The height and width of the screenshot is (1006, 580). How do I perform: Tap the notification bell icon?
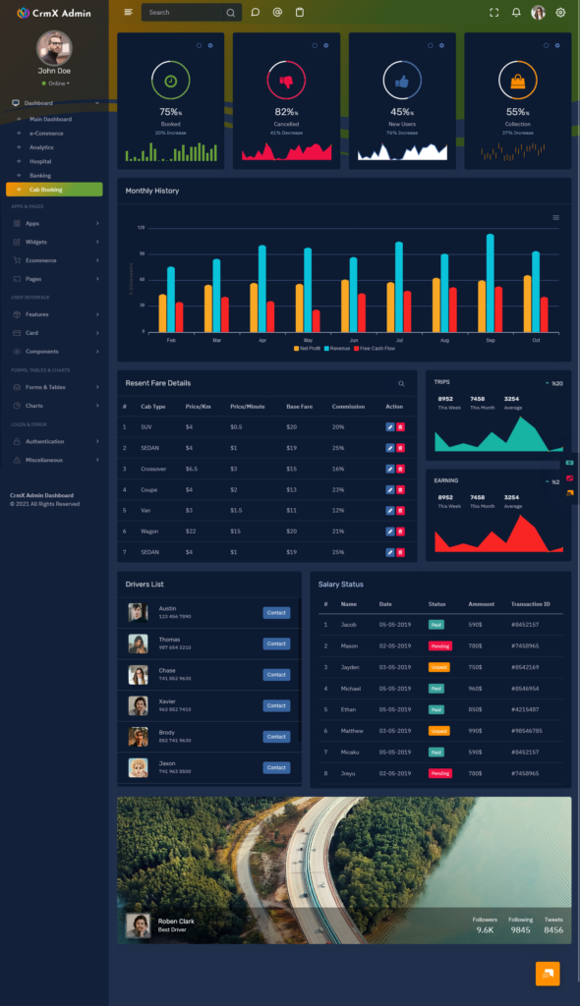click(516, 13)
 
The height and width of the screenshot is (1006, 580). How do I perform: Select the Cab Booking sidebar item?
click(54, 190)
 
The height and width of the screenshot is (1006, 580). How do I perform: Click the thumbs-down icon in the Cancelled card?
click(286, 81)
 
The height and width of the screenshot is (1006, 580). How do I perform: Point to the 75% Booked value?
click(169, 112)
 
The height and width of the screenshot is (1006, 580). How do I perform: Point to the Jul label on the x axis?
click(399, 340)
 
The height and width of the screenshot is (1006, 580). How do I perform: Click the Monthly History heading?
click(152, 191)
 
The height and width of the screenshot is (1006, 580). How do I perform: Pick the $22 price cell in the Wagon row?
click(190, 531)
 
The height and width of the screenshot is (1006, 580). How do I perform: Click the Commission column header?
click(348, 406)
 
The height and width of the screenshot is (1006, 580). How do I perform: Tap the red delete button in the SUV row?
click(400, 427)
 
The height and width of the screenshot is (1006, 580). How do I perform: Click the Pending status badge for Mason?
click(439, 645)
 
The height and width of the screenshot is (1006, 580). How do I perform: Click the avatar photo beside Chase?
click(139, 675)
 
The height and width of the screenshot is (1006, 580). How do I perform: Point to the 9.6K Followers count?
click(485, 929)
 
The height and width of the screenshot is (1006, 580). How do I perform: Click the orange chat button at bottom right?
click(548, 973)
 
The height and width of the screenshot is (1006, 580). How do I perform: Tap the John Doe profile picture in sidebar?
click(54, 47)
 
